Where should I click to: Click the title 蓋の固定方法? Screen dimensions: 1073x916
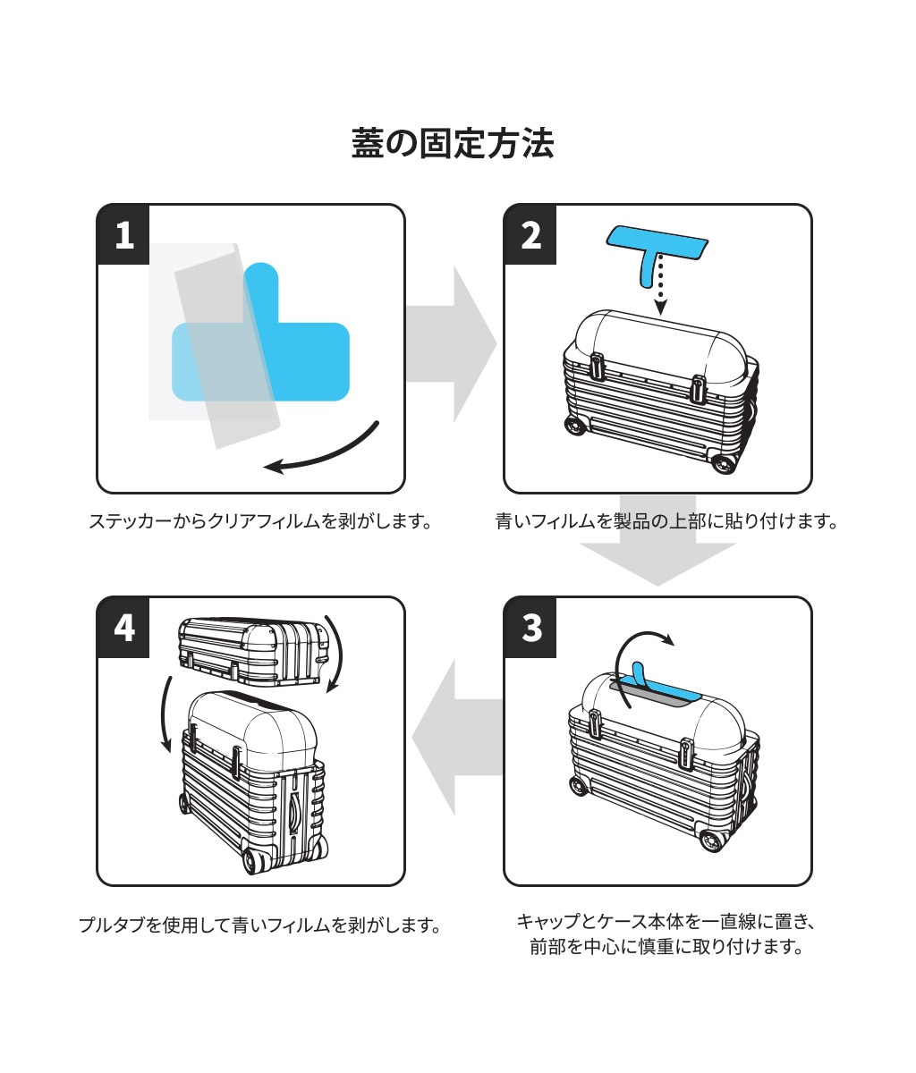[453, 144]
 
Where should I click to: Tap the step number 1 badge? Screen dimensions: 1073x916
[123, 234]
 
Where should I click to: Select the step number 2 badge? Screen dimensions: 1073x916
[530, 234]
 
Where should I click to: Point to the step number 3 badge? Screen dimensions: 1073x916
[531, 627]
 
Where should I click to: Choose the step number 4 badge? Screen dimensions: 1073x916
[124, 627]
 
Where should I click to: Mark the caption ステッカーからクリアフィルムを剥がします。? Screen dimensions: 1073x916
[260, 520]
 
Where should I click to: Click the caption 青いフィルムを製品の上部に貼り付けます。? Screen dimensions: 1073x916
[666, 520]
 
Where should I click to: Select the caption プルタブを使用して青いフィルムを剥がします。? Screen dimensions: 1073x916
[260, 925]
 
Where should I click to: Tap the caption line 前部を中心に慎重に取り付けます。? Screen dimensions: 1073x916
[666, 947]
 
